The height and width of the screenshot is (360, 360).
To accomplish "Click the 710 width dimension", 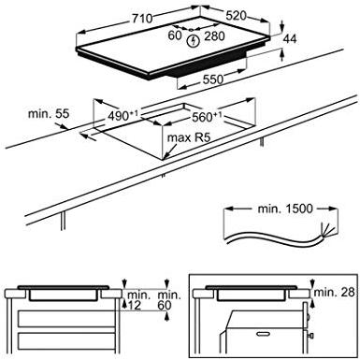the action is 142,19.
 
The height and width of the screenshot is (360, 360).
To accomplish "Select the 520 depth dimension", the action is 236,16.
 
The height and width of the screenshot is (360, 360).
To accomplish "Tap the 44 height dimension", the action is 290,39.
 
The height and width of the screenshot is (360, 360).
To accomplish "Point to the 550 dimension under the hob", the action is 213,79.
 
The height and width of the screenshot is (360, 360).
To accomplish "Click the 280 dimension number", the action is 214,36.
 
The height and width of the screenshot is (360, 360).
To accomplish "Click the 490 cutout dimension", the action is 122,115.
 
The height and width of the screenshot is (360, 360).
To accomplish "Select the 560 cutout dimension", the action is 207,117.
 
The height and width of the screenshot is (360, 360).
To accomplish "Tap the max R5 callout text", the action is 189,137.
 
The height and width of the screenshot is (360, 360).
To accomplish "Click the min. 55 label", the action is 49,113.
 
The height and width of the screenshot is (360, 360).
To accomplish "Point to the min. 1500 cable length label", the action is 285,209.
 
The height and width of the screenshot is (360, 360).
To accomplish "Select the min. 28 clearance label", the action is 335,292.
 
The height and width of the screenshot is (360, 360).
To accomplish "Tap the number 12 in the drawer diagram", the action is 135,305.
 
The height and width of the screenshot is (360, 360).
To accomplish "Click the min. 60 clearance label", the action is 169,300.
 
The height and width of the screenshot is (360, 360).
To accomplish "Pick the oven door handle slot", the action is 264,334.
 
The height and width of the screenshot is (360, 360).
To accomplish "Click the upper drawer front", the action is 66,319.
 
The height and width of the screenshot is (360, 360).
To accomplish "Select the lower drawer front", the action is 66,343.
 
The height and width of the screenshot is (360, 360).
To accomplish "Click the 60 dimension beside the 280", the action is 175,36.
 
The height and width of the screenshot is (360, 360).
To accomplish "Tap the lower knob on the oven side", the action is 310,336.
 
